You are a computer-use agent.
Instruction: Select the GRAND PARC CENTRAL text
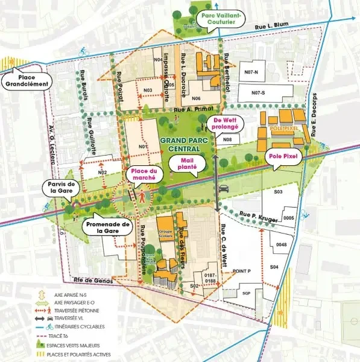tap(185, 144)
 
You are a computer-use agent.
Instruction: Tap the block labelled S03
tap(278, 191)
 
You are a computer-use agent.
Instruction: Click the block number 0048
tap(282, 245)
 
